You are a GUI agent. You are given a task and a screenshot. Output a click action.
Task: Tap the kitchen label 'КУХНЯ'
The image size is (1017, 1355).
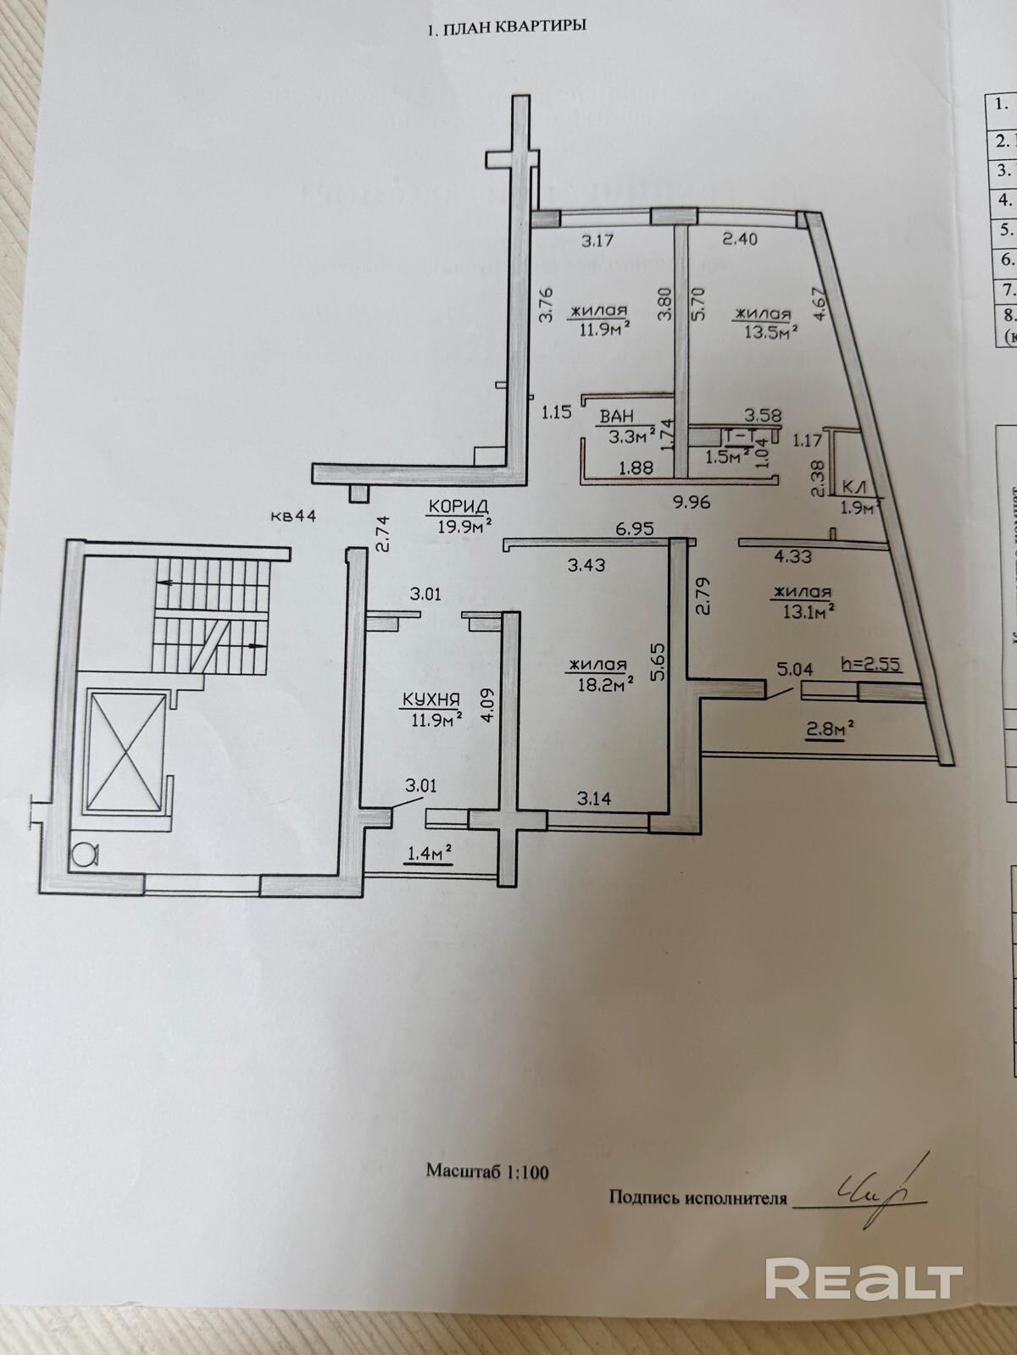(x=431, y=700)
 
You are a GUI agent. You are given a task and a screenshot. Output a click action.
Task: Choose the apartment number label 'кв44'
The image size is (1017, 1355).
(x=294, y=517)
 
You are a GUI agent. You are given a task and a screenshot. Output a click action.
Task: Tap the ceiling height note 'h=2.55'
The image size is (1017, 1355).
(x=870, y=665)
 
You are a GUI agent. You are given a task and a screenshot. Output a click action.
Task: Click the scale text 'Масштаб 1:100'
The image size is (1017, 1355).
(x=487, y=1172)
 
